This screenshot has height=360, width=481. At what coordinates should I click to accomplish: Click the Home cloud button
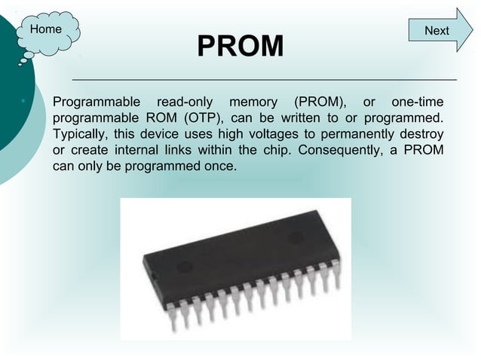(x=47, y=30)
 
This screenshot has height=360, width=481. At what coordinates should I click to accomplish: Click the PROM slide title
(x=240, y=47)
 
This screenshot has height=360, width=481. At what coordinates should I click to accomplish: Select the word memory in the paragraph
(x=253, y=102)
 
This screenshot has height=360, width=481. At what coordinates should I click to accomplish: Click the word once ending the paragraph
(x=219, y=166)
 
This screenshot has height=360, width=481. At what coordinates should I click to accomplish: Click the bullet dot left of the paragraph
(x=24, y=102)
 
